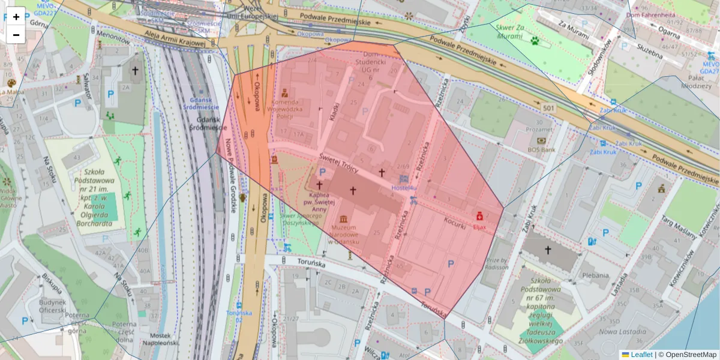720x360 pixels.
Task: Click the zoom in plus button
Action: (x=16, y=16)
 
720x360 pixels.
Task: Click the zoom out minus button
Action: (x=16, y=35)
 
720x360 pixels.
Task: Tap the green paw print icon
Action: (x=534, y=40)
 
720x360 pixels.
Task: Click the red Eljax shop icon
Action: (x=479, y=216)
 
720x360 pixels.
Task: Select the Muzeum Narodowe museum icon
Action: (x=343, y=220)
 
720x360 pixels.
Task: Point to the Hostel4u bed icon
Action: (x=404, y=179)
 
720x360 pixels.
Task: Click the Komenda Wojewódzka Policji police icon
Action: (x=293, y=93)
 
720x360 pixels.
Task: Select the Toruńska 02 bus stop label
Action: (x=239, y=316)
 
